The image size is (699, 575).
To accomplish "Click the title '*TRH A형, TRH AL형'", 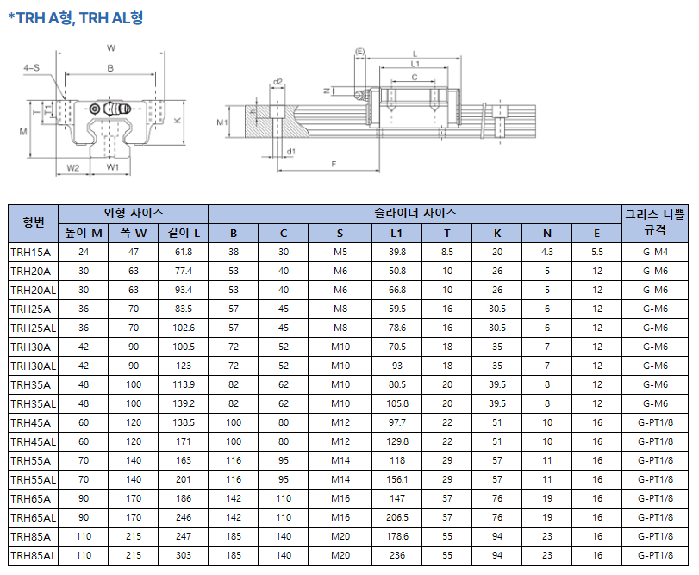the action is [x=75, y=18].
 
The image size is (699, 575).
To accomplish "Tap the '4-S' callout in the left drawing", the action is [x=31, y=68].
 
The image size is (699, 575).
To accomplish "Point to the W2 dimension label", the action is [x=72, y=167].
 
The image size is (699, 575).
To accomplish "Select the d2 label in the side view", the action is [x=278, y=82].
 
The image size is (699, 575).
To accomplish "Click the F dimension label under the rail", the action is [x=334, y=164].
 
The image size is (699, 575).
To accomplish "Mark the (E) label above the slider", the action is [x=359, y=52].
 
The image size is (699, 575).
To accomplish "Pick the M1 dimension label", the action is [x=222, y=122].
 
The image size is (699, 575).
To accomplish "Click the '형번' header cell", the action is [x=34, y=223].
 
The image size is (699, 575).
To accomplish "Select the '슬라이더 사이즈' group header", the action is [x=415, y=214].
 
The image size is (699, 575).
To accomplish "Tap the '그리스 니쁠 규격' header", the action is [x=655, y=223].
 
